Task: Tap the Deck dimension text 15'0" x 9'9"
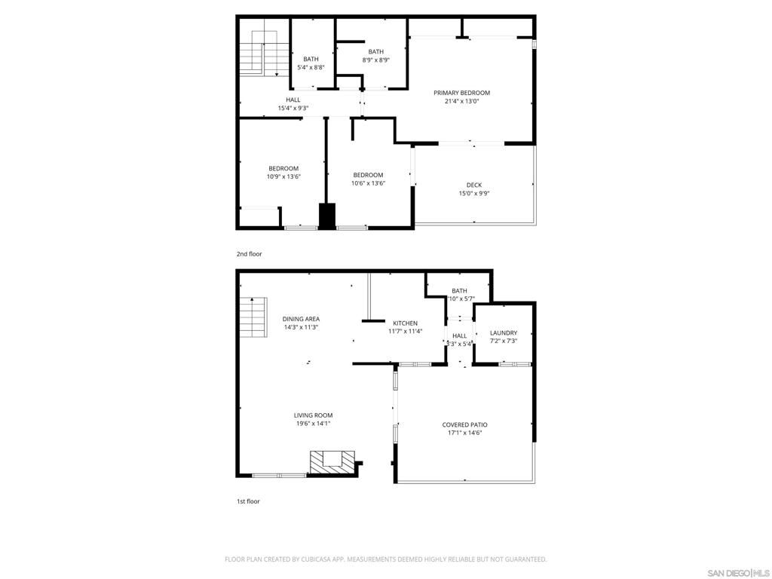[473, 193]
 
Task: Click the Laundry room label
[503, 332]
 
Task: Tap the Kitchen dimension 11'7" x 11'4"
[405, 331]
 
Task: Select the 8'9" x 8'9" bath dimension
[375, 60]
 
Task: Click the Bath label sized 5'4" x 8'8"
[311, 59]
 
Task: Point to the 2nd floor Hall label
[293, 100]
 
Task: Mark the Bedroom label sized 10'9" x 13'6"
[283, 168]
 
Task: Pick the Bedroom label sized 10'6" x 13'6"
[368, 175]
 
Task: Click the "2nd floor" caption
[250, 254]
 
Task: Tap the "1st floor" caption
[249, 501]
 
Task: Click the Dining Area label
[301, 319]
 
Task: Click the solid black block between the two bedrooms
[327, 216]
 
